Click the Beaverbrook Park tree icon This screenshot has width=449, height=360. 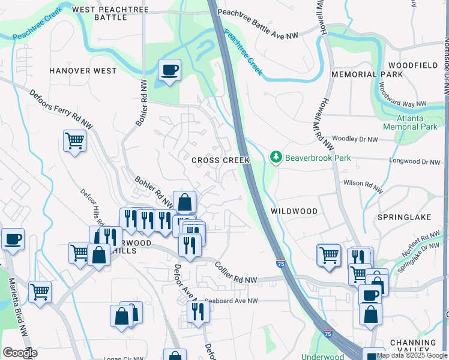[x=276, y=157]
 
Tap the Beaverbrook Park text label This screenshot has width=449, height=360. [x=317, y=158]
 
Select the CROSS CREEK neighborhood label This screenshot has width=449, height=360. [x=220, y=160]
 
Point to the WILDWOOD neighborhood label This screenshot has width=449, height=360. [x=294, y=211]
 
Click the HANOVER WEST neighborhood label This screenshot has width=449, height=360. [x=83, y=71]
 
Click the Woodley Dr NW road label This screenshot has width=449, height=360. [x=355, y=139]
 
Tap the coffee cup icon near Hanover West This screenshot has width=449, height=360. [x=169, y=71]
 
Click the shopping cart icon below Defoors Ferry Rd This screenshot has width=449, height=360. [x=74, y=141]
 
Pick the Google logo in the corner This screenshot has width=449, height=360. [x=20, y=353]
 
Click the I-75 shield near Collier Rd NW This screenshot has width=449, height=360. [x=280, y=263]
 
